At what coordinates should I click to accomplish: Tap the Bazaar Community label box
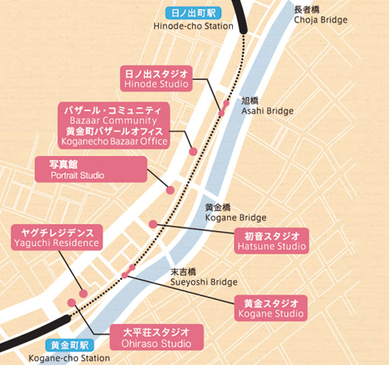point(114,125)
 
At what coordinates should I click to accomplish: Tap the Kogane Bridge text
point(234,212)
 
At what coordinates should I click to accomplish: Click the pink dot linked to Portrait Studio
point(170,191)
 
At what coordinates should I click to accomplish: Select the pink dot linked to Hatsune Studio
point(153,224)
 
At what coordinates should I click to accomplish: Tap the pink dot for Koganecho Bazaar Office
point(193,151)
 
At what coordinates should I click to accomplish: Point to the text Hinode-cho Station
point(192,27)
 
